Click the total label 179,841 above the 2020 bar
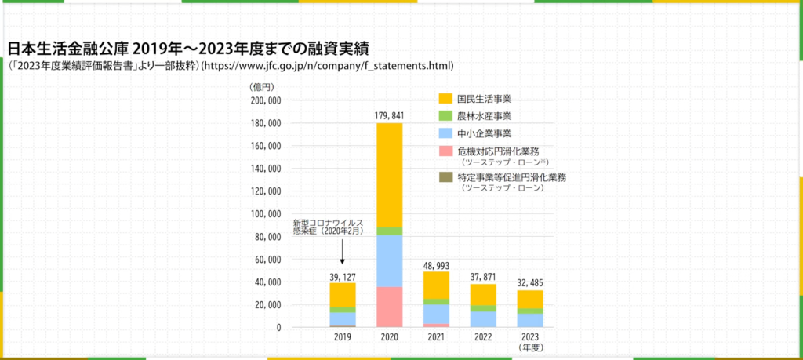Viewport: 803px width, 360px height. click(390, 115)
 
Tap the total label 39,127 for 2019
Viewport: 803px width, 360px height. click(343, 275)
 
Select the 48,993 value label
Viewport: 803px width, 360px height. click(437, 267)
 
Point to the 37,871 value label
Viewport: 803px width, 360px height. click(483, 276)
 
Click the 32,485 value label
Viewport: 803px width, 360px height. click(530, 282)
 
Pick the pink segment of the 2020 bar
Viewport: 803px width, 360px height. click(390, 307)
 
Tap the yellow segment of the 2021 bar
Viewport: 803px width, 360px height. click(437, 285)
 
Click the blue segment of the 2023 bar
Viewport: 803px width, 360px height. click(530, 320)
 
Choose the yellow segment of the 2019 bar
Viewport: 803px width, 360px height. click(343, 294)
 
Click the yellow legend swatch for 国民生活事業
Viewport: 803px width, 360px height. click(445, 99)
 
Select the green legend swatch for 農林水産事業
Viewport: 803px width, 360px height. click(445, 116)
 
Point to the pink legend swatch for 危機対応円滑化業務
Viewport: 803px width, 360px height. click(445, 151)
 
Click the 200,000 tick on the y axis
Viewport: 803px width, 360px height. click(266, 101)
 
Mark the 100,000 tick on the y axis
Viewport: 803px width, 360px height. click(266, 214)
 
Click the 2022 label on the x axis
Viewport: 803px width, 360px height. click(483, 336)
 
